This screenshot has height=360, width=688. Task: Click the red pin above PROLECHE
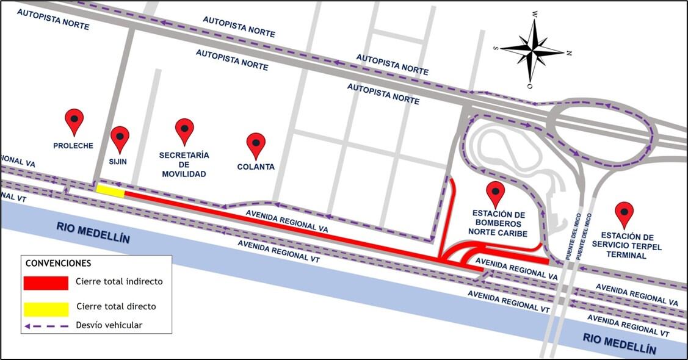click(74, 121)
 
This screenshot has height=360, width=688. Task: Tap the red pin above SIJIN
click(120, 139)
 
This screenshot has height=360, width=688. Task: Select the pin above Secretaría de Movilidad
click(184, 131)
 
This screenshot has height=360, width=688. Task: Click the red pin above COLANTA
click(256, 145)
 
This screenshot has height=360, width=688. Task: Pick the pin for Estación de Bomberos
click(496, 193)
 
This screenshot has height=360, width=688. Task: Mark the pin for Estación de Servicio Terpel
click(624, 214)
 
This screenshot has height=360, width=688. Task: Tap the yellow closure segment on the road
click(110, 192)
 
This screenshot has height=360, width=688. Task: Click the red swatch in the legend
click(46, 283)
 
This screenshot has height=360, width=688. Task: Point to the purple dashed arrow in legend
click(46, 326)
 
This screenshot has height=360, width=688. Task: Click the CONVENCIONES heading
click(58, 264)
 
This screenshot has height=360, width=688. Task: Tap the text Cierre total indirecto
click(119, 282)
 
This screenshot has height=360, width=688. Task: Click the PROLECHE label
click(73, 146)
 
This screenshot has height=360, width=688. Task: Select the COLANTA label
click(256, 167)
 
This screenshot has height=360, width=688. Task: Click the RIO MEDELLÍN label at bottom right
click(619, 344)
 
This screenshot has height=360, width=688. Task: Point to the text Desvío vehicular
click(109, 325)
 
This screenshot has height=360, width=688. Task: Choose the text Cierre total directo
click(116, 307)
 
